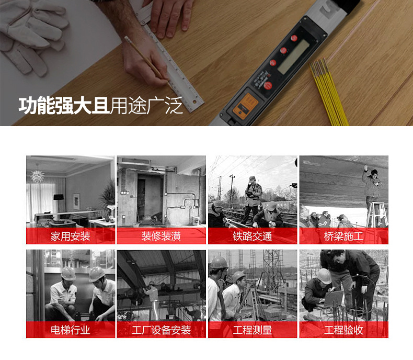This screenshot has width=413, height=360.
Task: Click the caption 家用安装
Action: pyautogui.click(x=71, y=236)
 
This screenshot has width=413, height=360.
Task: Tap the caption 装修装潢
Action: pyautogui.click(x=161, y=236)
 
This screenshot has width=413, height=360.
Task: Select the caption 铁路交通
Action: pyautogui.click(x=253, y=236)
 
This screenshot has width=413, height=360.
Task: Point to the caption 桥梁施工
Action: pyautogui.click(x=343, y=236)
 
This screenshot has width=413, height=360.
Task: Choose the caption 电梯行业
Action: pyautogui.click(x=71, y=330)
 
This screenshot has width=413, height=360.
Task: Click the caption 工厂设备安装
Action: pyautogui.click(x=161, y=330)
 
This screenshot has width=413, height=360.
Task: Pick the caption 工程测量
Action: pyautogui.click(x=253, y=330)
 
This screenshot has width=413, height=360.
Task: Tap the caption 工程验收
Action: pyautogui.click(x=343, y=330)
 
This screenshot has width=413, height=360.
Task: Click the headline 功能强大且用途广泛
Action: pyautogui.click(x=100, y=106)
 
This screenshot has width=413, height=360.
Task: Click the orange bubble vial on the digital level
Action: pyautogui.click(x=245, y=106)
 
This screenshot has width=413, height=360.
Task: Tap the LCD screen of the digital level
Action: pyautogui.click(x=294, y=57)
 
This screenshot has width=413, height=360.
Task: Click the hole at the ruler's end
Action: pyautogui.click(x=194, y=102)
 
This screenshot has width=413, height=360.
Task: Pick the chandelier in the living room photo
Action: pyautogui.click(x=37, y=176)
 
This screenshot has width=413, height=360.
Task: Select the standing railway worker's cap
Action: pyautogui.click(x=252, y=178)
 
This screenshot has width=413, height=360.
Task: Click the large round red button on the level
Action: pyautogui.click(x=268, y=85)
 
